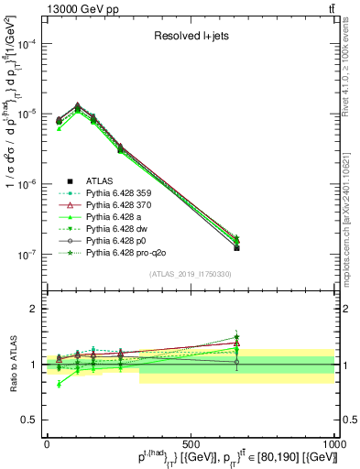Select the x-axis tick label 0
pos(47,442)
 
